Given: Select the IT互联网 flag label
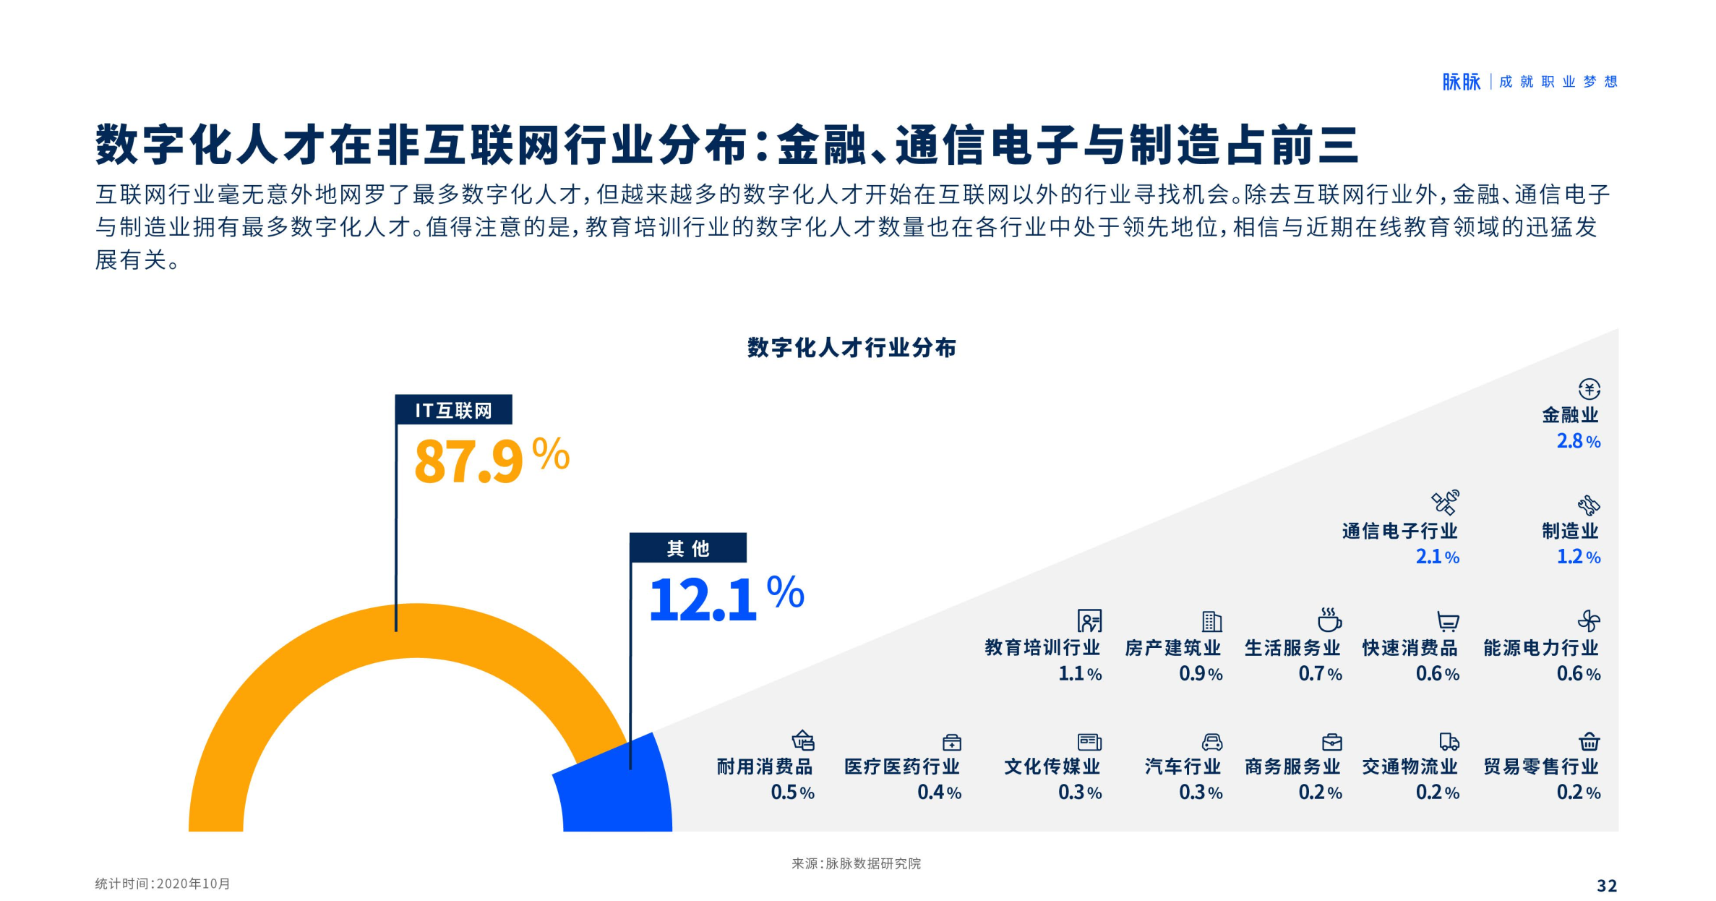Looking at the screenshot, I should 453,410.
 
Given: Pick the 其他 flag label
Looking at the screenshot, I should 687,548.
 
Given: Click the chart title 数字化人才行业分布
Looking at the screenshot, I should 851,348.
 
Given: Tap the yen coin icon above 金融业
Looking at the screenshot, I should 1589,389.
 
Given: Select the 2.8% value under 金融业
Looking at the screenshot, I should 1578,441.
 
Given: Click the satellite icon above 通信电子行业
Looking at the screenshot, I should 1445,502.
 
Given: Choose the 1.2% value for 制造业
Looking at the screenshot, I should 1578,557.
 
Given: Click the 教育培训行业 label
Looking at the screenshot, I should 1042,647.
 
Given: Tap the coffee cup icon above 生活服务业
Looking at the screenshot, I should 1329,620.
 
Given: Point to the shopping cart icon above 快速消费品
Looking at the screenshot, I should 1447,621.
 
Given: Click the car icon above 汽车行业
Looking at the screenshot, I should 1211,742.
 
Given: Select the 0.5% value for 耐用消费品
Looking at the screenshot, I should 792,793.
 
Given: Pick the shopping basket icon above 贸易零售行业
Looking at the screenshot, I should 1589,742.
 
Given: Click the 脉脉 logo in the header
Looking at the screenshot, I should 1461,82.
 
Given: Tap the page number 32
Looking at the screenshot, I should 1606,886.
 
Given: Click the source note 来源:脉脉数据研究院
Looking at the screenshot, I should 856,863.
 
